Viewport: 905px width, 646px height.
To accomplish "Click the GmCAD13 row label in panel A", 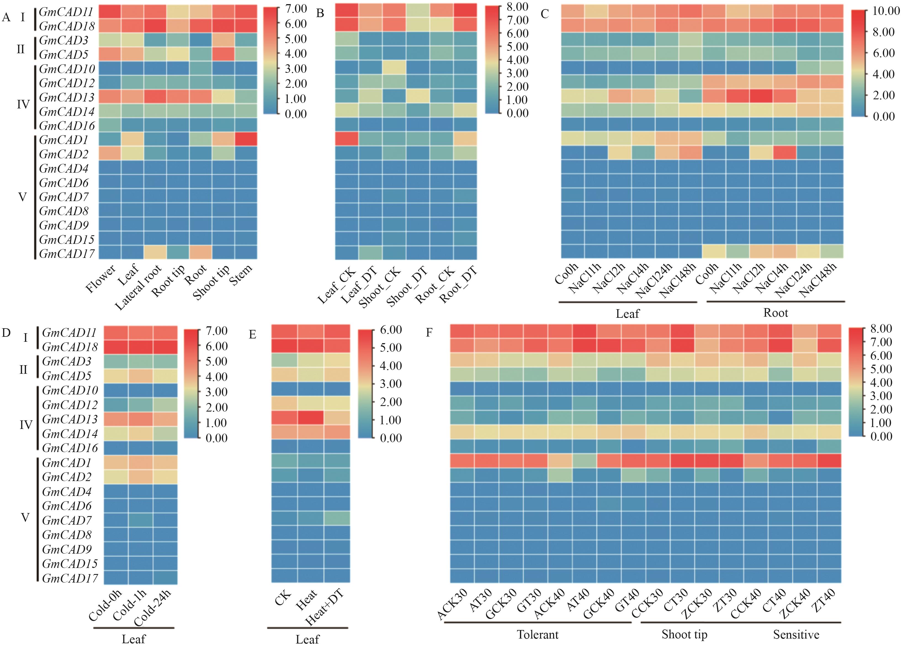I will tap(67, 97).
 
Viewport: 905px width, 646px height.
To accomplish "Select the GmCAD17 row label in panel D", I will tap(70, 578).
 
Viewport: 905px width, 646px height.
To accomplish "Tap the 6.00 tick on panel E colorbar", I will tap(391, 330).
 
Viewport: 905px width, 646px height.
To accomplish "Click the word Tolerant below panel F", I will tap(538, 634).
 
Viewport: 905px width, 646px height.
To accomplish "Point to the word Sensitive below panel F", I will tap(796, 634).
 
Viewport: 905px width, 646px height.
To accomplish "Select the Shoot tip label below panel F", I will tap(684, 634).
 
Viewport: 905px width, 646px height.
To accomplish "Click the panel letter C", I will tap(545, 14).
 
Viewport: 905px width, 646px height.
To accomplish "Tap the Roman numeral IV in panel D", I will tap(25, 425).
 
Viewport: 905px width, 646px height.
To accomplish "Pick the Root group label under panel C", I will tap(776, 313).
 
